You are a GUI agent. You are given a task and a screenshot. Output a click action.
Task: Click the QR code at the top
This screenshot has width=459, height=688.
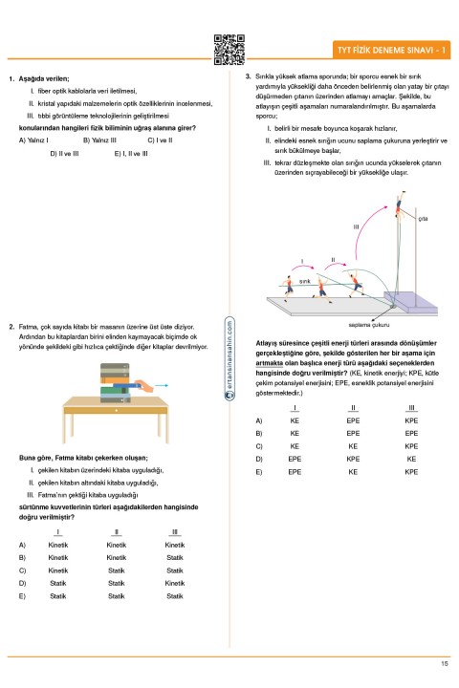tap(229, 50)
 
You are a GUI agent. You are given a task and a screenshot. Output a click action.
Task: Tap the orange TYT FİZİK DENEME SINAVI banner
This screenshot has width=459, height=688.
tap(391, 50)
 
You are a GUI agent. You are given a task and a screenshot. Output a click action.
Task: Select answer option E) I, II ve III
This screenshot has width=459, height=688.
tap(131, 154)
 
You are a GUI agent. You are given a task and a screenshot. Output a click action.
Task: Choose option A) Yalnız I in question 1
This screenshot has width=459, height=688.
tap(33, 140)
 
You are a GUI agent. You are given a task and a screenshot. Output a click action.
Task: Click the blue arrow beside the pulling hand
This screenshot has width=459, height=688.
tap(162, 386)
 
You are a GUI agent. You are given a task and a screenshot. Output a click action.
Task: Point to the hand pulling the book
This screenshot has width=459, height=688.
tap(144, 386)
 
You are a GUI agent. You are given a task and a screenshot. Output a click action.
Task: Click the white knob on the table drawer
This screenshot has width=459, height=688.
tap(116, 410)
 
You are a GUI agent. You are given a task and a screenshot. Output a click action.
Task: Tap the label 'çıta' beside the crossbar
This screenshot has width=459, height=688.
tap(423, 219)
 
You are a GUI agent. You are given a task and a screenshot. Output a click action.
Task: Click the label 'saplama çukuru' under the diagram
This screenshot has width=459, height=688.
tap(368, 325)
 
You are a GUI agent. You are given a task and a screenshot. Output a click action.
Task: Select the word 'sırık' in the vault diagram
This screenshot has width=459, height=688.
tap(304, 281)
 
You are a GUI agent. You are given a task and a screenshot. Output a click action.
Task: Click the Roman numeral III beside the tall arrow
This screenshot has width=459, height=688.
tap(356, 226)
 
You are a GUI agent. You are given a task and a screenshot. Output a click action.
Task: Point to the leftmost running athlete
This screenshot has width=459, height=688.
tap(289, 288)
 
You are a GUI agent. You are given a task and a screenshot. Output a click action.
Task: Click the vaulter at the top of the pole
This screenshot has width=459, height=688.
tap(399, 204)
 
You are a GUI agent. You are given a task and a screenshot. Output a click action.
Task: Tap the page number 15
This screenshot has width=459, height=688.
tap(445, 663)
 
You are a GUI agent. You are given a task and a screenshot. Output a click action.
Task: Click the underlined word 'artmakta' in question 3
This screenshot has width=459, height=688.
tap(270, 363)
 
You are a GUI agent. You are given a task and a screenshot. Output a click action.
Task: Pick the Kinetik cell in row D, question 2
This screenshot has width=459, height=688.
tap(175, 583)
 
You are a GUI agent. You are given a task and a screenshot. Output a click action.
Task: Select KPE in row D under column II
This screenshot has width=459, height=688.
tap(353, 459)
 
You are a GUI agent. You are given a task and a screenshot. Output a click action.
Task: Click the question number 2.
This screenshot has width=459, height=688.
tap(11, 327)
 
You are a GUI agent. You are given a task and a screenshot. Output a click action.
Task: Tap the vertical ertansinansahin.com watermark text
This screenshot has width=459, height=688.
tap(229, 357)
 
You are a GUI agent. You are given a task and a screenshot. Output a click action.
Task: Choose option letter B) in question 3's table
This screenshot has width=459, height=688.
tap(259, 434)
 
